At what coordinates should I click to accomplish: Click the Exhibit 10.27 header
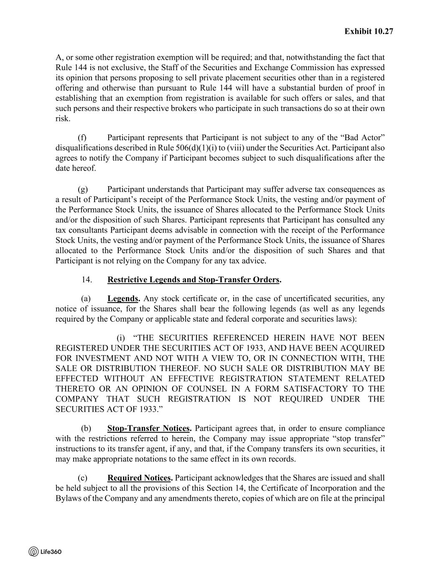pos(369,31)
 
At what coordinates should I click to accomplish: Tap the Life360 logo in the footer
pos(45,551)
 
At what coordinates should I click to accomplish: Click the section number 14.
pos(87,279)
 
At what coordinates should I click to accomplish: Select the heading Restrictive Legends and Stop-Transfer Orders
pos(193,279)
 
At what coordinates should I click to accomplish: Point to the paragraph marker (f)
pos(82,138)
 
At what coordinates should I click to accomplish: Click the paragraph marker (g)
pos(82,189)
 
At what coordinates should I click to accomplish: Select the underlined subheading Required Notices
pos(140,478)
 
